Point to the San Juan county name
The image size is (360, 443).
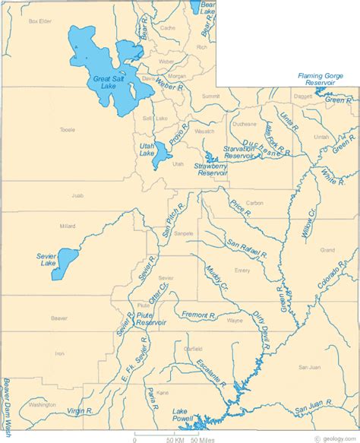[310, 367]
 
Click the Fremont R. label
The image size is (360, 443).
[200, 314]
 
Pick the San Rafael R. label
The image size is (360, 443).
[245, 246]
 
